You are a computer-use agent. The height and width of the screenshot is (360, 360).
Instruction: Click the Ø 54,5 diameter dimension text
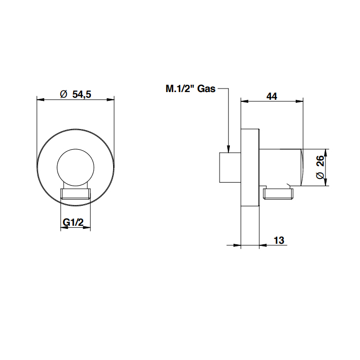pyautogui.click(x=76, y=94)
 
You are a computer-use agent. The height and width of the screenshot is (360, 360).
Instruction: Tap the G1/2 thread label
pyautogui.click(x=73, y=222)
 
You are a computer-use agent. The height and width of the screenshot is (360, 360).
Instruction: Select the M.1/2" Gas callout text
pyautogui.click(x=191, y=88)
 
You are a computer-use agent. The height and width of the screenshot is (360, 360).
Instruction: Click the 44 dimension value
pyautogui.click(x=272, y=96)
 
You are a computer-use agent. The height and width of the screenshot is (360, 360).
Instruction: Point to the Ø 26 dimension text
pyautogui.click(x=320, y=167)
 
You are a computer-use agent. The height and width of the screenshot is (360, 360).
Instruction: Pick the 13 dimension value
pyautogui.click(x=279, y=240)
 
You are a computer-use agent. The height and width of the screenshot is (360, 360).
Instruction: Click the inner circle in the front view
pyautogui.click(x=76, y=168)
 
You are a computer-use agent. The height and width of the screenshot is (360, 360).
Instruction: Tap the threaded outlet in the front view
pyautogui.click(x=75, y=194)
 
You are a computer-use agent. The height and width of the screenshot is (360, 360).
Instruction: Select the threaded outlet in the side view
pyautogui.click(x=278, y=193)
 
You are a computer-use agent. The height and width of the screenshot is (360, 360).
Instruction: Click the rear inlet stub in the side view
pyautogui.click(x=230, y=167)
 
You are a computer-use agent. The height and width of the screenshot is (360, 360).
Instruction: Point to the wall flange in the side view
pyautogui.click(x=250, y=167)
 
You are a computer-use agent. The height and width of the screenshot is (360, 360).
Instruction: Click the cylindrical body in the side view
pyautogui.click(x=281, y=167)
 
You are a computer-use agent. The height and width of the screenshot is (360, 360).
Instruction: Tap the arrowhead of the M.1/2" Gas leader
pyautogui.click(x=228, y=149)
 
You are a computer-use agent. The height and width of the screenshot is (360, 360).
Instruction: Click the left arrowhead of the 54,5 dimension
pyautogui.click(x=41, y=100)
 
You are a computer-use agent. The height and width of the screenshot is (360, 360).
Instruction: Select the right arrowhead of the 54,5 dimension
pyautogui.click(x=111, y=100)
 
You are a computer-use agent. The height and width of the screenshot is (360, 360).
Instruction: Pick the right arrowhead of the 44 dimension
pyautogui.click(x=300, y=101)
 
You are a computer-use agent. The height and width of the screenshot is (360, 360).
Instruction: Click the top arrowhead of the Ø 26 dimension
pyautogui.click(x=326, y=153)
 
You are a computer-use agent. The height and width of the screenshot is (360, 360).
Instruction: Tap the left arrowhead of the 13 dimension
pyautogui.click(x=237, y=245)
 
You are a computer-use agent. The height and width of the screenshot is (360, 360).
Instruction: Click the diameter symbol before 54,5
pyautogui.click(x=64, y=94)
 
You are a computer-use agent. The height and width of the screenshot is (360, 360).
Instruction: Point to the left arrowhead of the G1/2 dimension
pyautogui.click(x=64, y=227)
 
